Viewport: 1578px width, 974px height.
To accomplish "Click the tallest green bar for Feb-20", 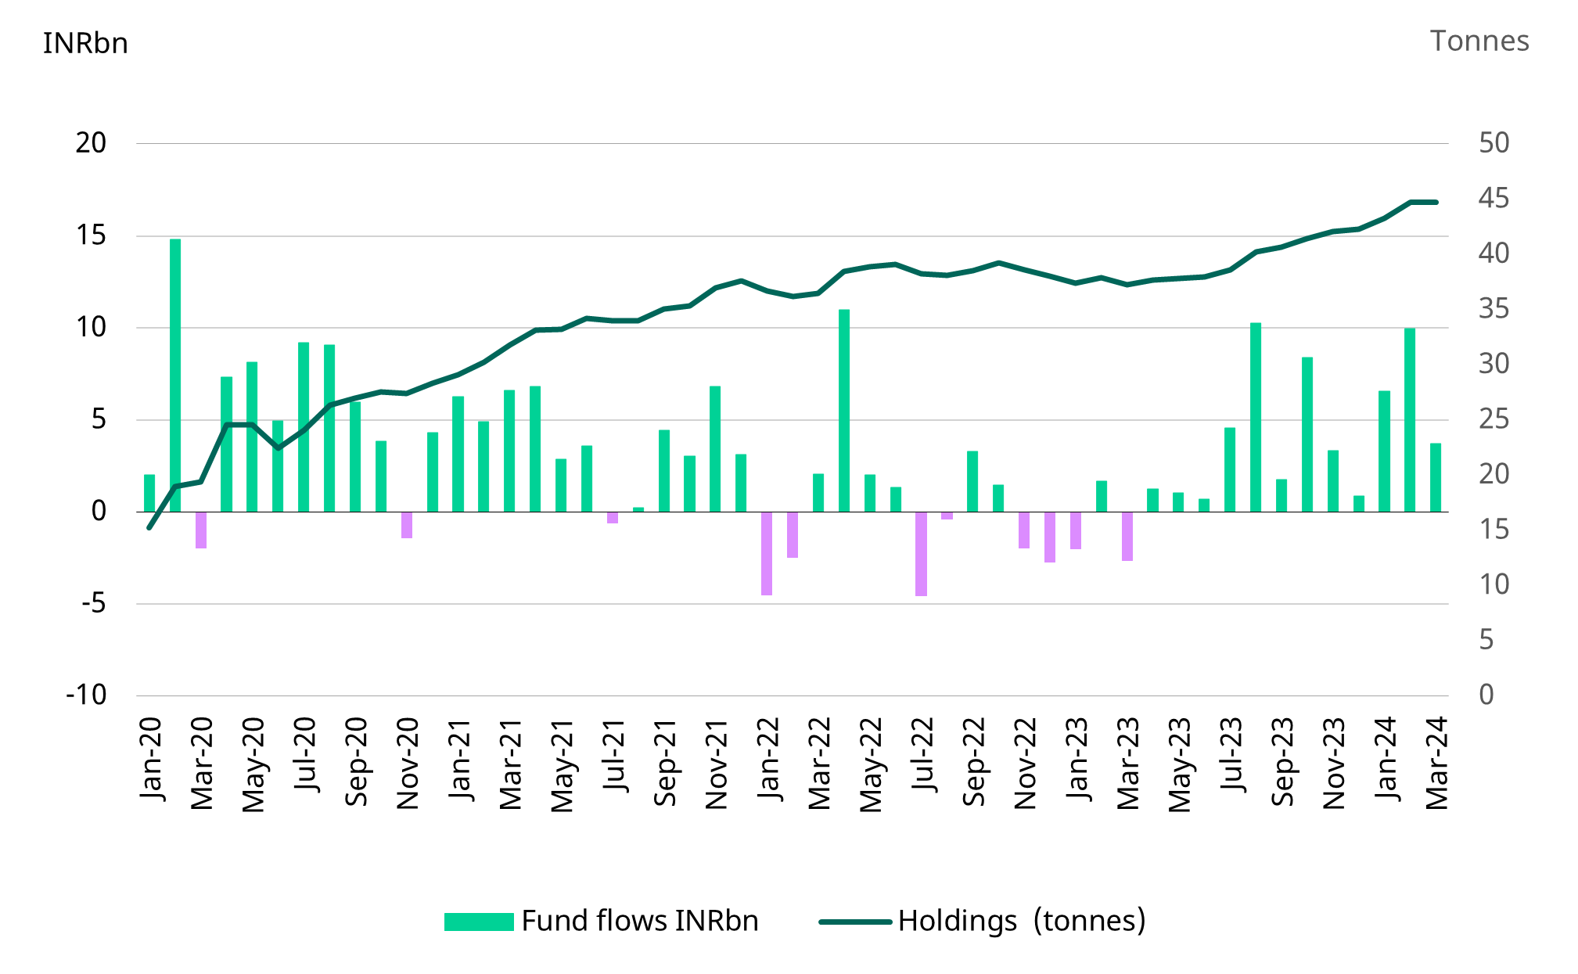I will (175, 376).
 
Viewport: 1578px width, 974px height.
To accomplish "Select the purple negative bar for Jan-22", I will (767, 553).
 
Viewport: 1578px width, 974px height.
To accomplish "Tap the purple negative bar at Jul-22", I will (921, 554).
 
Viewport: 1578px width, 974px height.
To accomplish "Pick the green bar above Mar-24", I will (1436, 477).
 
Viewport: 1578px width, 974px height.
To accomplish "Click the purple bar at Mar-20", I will (201, 530).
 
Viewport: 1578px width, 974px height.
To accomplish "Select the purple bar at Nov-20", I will (407, 525).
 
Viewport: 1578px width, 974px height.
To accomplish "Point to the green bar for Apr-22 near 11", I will (844, 411).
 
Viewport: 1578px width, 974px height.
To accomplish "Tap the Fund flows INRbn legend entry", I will (601, 921).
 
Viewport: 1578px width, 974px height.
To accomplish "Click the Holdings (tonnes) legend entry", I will (982, 921).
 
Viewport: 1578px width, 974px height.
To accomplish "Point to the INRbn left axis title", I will (85, 43).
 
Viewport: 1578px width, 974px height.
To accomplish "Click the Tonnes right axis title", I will (1479, 41).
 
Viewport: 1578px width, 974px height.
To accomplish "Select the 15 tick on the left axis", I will (91, 235).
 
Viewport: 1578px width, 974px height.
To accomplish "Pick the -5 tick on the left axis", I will (92, 603).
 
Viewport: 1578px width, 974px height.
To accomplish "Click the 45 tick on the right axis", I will (1493, 198).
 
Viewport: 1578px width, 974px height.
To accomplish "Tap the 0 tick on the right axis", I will (1486, 695).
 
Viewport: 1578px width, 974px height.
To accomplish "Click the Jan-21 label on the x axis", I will (460, 759).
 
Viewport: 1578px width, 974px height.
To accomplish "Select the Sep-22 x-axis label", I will (973, 761).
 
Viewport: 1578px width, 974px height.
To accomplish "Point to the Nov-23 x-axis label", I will (1333, 763).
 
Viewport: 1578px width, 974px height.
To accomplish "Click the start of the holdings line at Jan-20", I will (149, 528).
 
